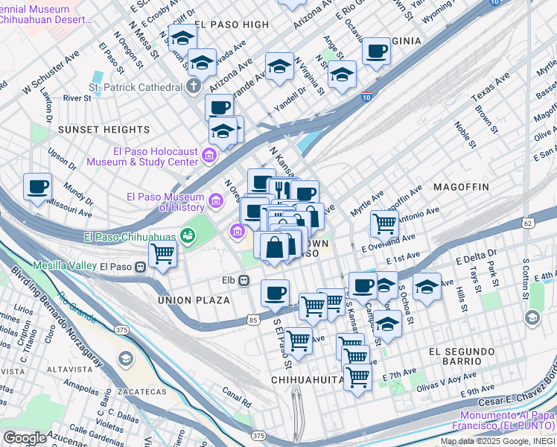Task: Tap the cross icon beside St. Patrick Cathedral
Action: point(193,86)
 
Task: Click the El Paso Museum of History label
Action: point(165,202)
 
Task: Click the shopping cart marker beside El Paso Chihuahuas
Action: point(162,254)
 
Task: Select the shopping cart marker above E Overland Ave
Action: point(384,222)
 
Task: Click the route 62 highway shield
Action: point(527,223)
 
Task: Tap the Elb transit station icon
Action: point(243,280)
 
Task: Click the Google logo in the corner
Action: point(25,437)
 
